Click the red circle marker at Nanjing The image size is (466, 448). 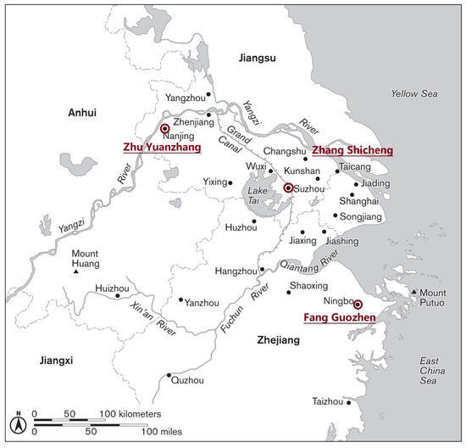[x=164, y=129]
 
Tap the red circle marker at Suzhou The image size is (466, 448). [x=288, y=188]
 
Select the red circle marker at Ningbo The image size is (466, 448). [x=358, y=305]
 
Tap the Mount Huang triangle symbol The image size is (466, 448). [x=76, y=272]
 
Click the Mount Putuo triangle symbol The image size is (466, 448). [x=414, y=294]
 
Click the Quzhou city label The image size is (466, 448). [x=187, y=381]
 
